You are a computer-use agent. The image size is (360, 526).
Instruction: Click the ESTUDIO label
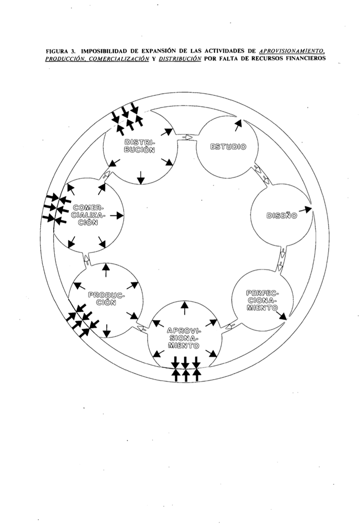[x=227, y=146]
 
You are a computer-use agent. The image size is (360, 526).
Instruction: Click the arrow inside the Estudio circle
[x=238, y=125]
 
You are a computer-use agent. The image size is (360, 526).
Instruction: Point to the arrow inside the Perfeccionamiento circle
[x=282, y=315]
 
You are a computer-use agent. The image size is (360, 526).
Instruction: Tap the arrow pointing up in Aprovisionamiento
[x=184, y=308]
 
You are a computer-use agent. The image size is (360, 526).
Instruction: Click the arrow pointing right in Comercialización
[x=117, y=215]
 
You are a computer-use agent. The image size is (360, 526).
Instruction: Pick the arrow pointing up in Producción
[x=106, y=270]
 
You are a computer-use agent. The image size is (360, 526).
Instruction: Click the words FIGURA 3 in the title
[x=62, y=51]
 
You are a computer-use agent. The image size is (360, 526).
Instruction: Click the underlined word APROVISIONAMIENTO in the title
[x=293, y=51]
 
